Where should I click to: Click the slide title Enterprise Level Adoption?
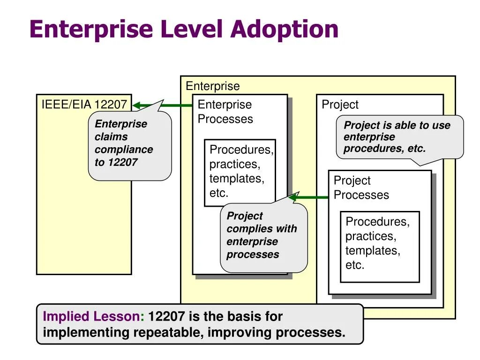[184, 29]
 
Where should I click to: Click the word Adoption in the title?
[285, 29]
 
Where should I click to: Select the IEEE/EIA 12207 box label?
[84, 104]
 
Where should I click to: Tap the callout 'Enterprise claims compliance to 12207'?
[129, 145]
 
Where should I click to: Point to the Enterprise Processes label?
[225, 112]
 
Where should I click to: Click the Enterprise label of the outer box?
[212, 86]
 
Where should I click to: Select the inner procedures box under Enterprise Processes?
[240, 172]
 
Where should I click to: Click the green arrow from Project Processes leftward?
[309, 197]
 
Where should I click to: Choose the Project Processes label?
[361, 187]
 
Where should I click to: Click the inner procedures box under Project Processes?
[380, 247]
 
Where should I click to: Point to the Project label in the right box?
[340, 105]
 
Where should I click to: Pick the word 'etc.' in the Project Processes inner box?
[355, 265]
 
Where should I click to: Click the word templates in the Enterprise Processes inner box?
[237, 179]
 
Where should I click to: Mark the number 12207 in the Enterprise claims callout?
[122, 162]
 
